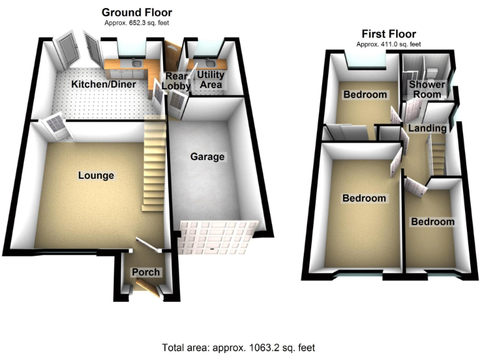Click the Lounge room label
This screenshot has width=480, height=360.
(96, 176)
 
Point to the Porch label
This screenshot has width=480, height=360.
(145, 272)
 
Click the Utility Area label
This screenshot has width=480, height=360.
(211, 79)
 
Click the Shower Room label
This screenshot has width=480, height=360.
(427, 89)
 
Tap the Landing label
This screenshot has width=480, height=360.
(427, 128)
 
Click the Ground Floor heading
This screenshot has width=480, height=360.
(136, 12)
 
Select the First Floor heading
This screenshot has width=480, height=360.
(388, 34)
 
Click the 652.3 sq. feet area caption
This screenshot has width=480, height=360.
(136, 23)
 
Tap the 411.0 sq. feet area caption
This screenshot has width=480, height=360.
(388, 44)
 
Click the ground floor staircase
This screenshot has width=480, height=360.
(154, 166)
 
